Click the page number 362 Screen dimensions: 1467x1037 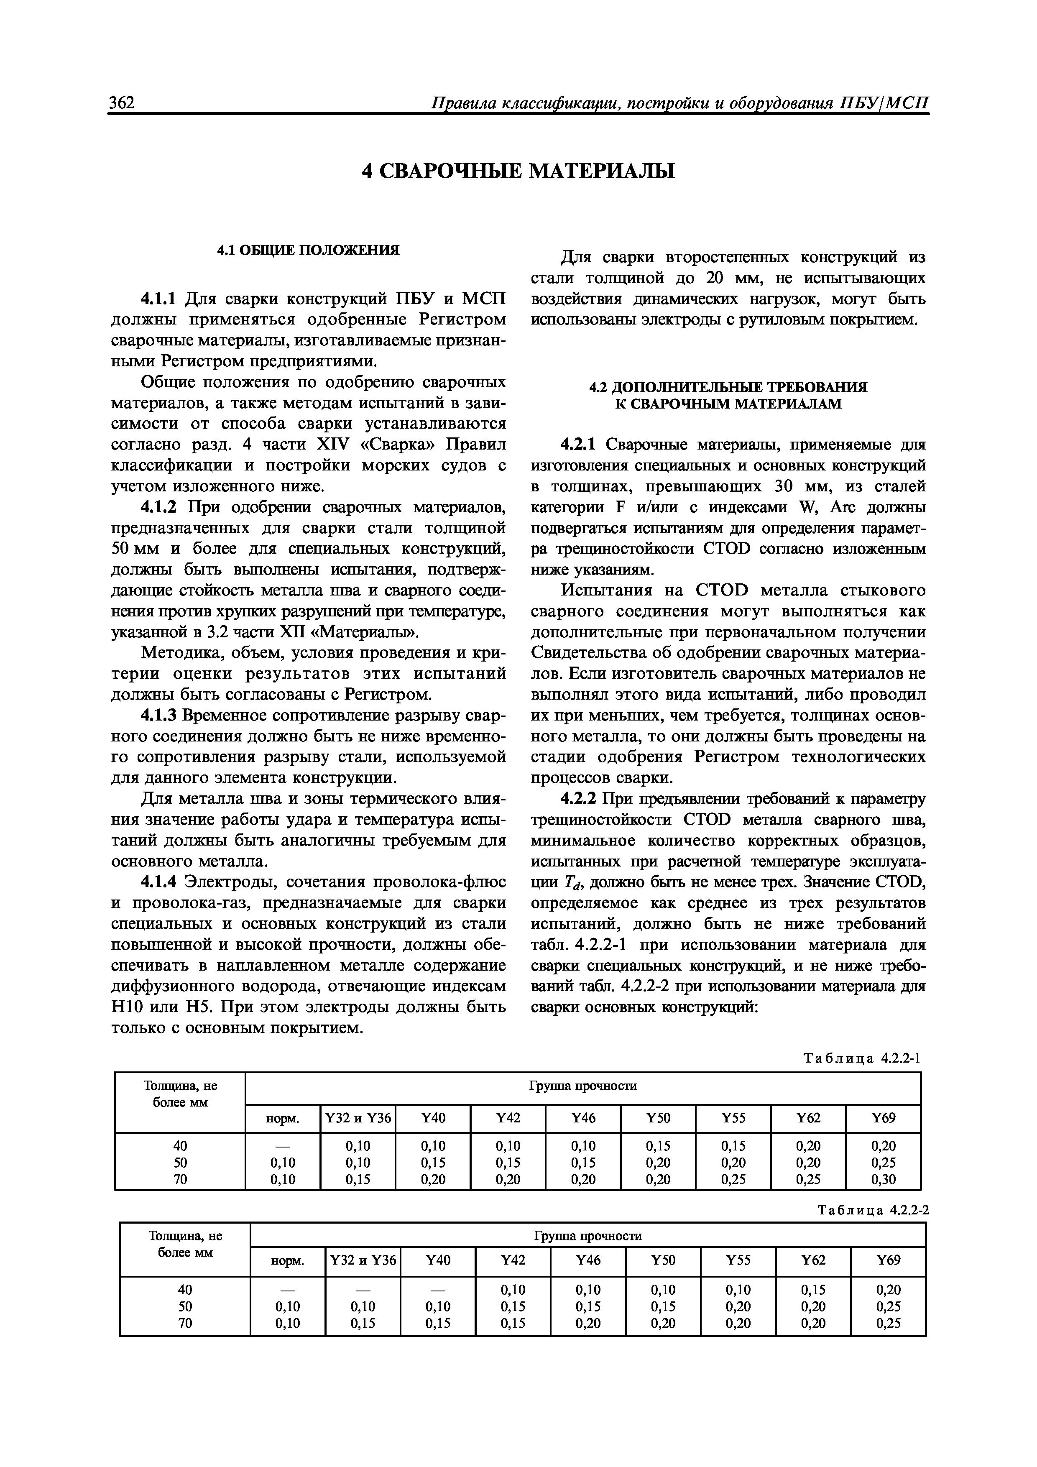(121, 102)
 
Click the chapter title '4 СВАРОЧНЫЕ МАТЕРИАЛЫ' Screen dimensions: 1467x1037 (518, 171)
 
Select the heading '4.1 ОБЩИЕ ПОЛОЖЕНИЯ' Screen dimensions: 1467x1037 (308, 250)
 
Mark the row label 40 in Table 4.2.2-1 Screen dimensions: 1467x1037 (180, 1145)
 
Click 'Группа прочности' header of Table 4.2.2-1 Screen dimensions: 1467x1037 (583, 1086)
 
